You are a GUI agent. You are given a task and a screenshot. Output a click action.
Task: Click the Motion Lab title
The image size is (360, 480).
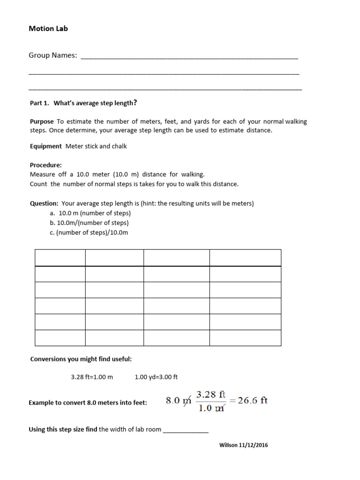tap(48, 29)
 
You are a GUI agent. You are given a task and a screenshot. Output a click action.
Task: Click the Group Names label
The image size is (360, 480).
tap(53, 55)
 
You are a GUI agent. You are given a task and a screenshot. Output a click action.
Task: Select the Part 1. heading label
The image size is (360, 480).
tap(39, 103)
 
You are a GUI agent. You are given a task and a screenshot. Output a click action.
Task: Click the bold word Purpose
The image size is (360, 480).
tap(42, 121)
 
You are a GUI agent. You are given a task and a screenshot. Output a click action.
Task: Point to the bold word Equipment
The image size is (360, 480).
tap(46, 146)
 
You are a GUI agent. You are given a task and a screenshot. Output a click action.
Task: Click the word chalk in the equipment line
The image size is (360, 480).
tap(119, 146)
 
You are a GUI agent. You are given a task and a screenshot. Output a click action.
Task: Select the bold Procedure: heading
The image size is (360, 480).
tap(46, 165)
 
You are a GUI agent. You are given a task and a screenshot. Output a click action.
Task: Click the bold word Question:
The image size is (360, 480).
tap(45, 203)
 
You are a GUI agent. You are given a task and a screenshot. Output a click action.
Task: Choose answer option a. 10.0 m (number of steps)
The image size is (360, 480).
tap(90, 213)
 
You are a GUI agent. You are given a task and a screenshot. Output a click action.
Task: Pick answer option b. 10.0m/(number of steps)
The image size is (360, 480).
tap(89, 223)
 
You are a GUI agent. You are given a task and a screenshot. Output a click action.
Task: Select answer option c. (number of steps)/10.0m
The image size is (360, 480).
tap(89, 232)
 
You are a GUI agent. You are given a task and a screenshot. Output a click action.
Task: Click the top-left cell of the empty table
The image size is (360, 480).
tap(60, 258)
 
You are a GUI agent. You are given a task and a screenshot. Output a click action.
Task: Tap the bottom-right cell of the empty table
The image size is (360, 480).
tap(245, 337)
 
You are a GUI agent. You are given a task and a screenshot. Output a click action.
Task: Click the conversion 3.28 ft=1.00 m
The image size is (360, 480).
tap(92, 377)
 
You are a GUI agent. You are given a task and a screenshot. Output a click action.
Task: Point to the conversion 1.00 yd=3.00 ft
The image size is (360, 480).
tap(156, 377)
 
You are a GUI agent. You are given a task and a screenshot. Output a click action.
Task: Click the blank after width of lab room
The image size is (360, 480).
tap(186, 430)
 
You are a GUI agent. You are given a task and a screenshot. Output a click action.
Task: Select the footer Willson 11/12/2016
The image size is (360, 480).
tap(244, 445)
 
